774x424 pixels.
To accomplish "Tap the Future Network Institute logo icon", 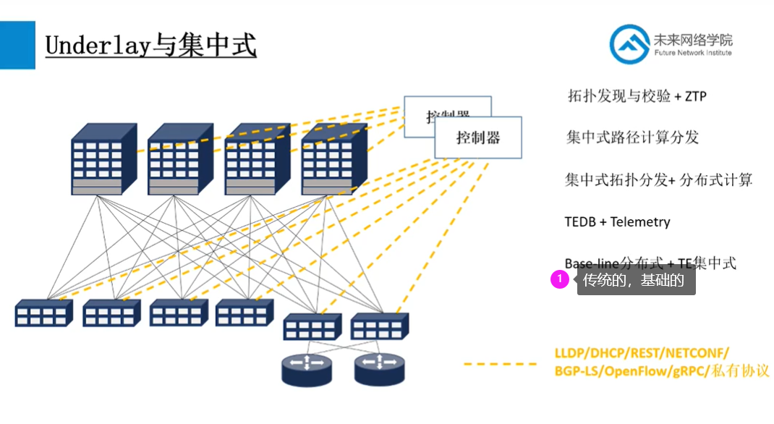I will tap(629, 44).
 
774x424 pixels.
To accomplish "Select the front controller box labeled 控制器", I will tap(478, 137).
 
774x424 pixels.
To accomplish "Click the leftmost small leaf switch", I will tap(43, 314).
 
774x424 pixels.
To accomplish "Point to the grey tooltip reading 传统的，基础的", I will tap(636, 281).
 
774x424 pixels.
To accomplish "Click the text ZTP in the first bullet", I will tap(695, 96).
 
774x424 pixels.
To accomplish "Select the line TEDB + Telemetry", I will tap(617, 222).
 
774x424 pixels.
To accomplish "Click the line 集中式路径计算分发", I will tap(632, 137).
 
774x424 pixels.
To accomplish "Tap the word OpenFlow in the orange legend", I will tap(631, 371).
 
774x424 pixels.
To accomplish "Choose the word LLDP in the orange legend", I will tap(571, 353).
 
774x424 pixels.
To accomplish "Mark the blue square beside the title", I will tap(17, 45).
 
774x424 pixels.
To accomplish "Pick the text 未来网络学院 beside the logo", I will tap(692, 39).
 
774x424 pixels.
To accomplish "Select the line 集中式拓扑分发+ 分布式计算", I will tap(658, 180).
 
